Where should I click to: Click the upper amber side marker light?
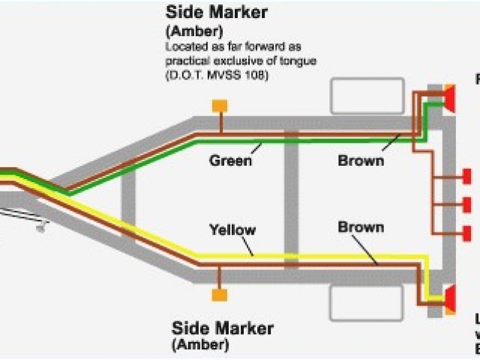(x=220, y=106)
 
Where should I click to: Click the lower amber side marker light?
(x=220, y=295)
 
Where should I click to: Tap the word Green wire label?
(x=230, y=160)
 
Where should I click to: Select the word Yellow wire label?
(x=232, y=229)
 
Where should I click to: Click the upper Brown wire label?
(x=361, y=160)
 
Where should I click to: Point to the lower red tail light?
(x=450, y=299)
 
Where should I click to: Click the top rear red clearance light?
(x=466, y=177)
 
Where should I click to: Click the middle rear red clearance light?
(x=466, y=205)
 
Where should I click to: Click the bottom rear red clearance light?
(x=466, y=233)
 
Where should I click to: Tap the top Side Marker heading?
(x=216, y=13)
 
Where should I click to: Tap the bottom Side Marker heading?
(x=222, y=328)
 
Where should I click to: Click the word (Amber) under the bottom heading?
(x=200, y=345)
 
